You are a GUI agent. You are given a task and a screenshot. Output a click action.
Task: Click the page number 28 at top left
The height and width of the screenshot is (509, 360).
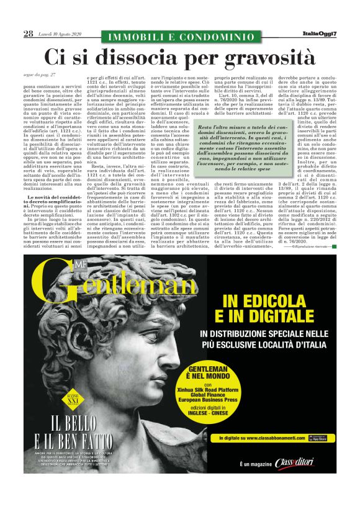tap(28, 34)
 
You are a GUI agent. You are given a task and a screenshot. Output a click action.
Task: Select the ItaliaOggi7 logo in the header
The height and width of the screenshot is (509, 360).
tap(319, 34)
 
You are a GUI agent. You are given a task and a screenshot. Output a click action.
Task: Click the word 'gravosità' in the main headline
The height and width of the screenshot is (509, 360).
tap(261, 58)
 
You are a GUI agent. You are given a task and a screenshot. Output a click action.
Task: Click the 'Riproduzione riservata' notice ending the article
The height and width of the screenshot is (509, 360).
tap(313, 246)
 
